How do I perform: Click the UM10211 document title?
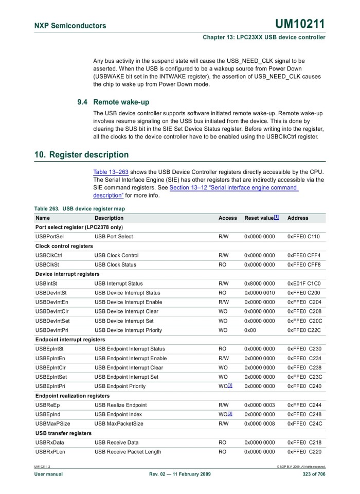tap(300, 24)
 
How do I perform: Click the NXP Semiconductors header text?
tap(70, 26)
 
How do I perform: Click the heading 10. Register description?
tap(81, 154)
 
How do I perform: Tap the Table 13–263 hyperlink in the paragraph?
tap(111, 172)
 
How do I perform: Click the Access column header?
tap(227, 218)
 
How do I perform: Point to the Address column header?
tap(298, 218)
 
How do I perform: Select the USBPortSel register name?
tap(49, 237)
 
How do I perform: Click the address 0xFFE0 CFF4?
tap(305, 255)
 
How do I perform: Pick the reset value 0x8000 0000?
tap(259, 284)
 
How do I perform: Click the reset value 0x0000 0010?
tap(259, 293)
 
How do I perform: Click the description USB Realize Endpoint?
tap(120, 405)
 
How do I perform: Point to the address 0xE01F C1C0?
tap(305, 284)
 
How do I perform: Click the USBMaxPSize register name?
tap(53, 424)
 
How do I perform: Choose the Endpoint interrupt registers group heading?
tap(70, 340)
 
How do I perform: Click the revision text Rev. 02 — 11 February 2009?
tap(180, 474)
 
